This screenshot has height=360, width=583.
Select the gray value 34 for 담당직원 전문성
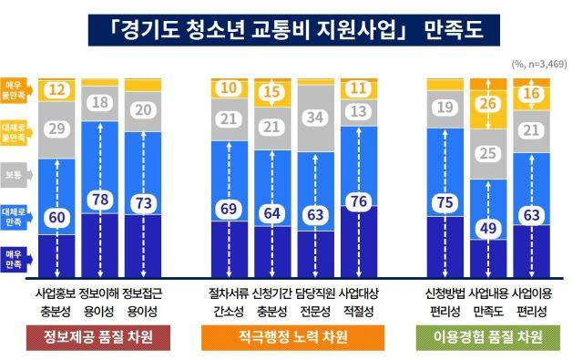pyautogui.click(x=316, y=118)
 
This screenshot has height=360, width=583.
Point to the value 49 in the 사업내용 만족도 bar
pyautogui.click(x=489, y=227)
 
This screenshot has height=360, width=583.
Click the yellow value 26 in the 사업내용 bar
pyautogui.click(x=489, y=106)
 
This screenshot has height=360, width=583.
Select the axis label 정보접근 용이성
pyautogui.click(x=143, y=302)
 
